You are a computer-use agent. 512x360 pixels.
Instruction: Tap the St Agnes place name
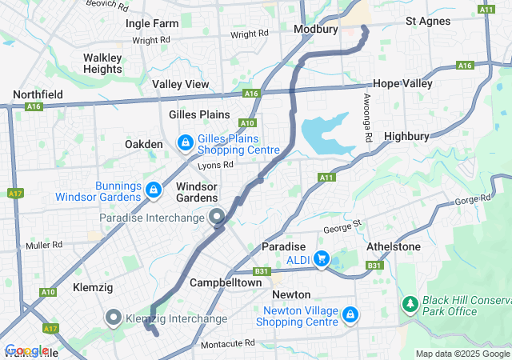pyautogui.click(x=428, y=21)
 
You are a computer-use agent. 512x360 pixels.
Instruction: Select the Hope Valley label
pyautogui.click(x=403, y=83)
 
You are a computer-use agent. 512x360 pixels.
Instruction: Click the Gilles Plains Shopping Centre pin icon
pyautogui.click(x=185, y=142)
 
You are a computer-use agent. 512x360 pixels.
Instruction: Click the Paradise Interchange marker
pyautogui.click(x=217, y=217)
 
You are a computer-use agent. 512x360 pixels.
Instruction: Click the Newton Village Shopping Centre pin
pyautogui.click(x=349, y=314)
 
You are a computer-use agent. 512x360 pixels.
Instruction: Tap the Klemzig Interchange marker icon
pyautogui.click(x=113, y=318)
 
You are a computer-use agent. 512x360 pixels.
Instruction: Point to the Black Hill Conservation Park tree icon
pyautogui.click(x=410, y=305)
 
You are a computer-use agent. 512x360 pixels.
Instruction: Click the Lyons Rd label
pyautogui.click(x=216, y=165)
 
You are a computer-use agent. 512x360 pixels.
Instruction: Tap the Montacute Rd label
pyautogui.click(x=228, y=343)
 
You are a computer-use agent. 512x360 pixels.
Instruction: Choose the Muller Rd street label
pyautogui.click(x=44, y=246)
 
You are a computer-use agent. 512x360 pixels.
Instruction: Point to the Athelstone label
pyautogui.click(x=393, y=246)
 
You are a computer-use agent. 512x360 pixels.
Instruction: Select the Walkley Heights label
pyautogui.click(x=102, y=63)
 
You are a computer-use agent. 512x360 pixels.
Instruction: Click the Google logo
pyautogui.click(x=26, y=350)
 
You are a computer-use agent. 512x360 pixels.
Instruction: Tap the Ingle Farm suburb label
pyautogui.click(x=152, y=23)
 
